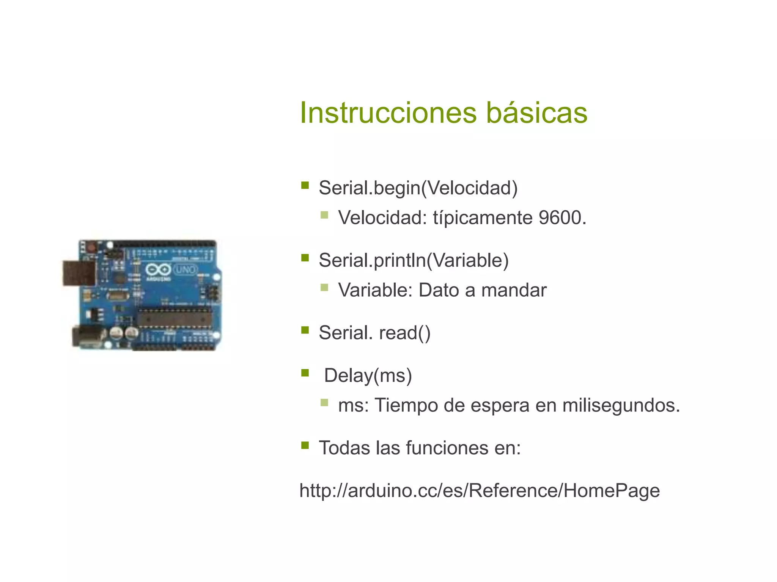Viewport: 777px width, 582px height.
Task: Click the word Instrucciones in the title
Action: pyautogui.click(x=388, y=113)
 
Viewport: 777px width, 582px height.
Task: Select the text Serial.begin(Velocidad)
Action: pyautogui.click(x=418, y=188)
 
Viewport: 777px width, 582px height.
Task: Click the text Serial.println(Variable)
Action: pyautogui.click(x=414, y=260)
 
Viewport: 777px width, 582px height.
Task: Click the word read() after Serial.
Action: pyautogui.click(x=405, y=333)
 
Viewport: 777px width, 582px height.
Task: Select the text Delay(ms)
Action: pyautogui.click(x=368, y=375)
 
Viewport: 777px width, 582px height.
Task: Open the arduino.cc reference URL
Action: pyautogui.click(x=480, y=490)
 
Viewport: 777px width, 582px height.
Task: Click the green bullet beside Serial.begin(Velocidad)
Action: pyautogui.click(x=305, y=185)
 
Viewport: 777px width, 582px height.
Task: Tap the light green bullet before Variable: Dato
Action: pyautogui.click(x=324, y=288)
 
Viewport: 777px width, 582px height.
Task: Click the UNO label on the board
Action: pyautogui.click(x=186, y=270)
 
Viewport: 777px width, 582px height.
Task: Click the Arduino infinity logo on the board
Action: pyautogui.click(x=158, y=270)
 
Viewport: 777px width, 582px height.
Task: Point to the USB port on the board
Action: pyautogui.click(x=79, y=273)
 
